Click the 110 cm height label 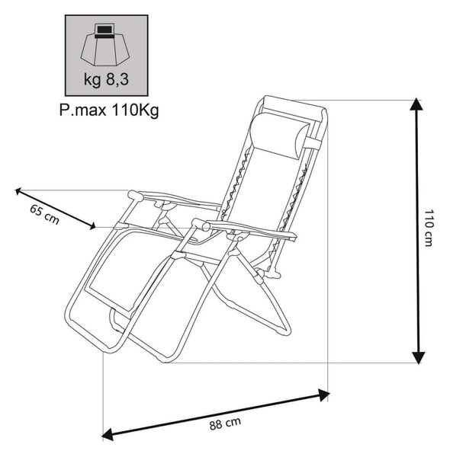428,228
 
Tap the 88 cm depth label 225,423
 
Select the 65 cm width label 45,215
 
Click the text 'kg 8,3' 106,79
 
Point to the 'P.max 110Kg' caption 109,110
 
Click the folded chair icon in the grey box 105,45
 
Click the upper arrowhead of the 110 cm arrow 416,104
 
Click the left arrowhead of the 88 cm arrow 108,433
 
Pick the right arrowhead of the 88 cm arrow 323,395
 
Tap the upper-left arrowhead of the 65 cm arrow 18,191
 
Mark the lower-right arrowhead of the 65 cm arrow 92,226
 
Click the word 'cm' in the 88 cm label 233,422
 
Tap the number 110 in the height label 428,219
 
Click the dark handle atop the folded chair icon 104,30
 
